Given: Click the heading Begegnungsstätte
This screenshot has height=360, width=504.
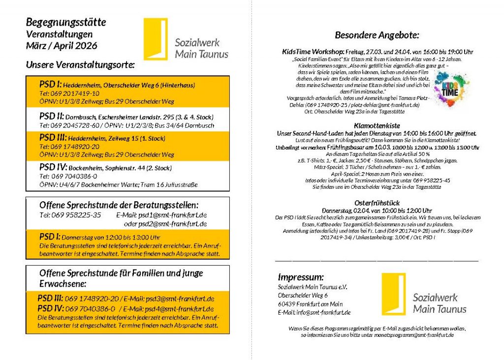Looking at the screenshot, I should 65,22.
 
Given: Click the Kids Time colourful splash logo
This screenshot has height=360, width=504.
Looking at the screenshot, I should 448,89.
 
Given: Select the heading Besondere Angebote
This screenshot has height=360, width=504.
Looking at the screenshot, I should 377,35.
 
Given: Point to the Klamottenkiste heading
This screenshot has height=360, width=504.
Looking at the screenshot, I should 377,126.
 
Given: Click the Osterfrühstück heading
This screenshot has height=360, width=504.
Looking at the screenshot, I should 377,203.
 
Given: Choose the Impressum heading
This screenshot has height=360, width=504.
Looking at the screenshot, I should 301,277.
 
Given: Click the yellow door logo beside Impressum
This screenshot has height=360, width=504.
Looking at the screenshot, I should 393,294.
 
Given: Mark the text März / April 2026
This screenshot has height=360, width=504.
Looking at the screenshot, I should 62,46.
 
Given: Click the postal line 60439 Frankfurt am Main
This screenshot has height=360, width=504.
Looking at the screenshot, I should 310,304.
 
